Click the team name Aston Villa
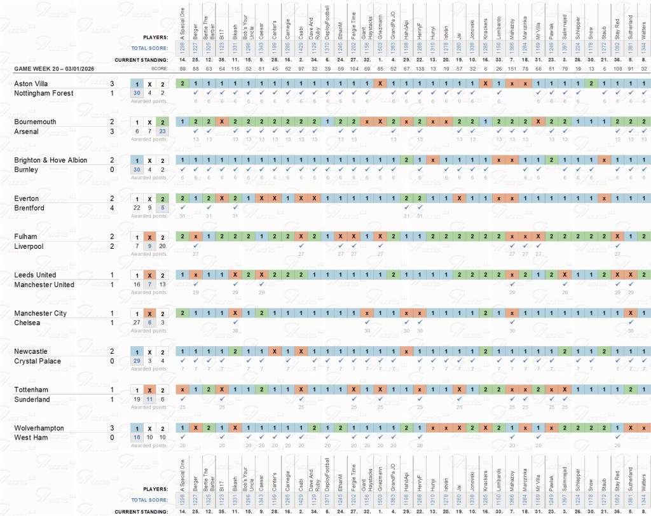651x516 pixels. point(31,83)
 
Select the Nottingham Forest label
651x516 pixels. point(44,94)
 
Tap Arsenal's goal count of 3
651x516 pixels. point(112,132)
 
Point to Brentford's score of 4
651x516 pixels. point(112,208)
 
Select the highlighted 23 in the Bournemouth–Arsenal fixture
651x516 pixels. point(163,132)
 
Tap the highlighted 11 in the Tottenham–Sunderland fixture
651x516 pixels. point(149,400)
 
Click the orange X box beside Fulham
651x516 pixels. point(149,237)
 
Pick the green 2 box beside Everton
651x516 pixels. point(163,199)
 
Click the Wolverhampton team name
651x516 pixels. point(39,428)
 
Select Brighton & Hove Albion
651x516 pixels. point(51,160)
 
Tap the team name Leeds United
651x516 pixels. point(35,275)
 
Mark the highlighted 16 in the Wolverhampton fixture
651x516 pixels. point(136,438)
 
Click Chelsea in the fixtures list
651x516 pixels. point(27,323)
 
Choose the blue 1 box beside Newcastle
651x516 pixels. point(136,351)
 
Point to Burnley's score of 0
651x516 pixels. point(112,170)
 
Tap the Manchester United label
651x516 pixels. point(45,284)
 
